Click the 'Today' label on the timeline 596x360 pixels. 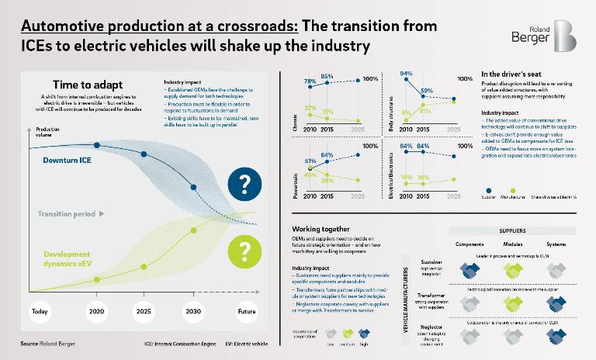40,312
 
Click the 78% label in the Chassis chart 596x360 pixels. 309,81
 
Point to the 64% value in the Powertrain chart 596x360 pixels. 327,155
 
